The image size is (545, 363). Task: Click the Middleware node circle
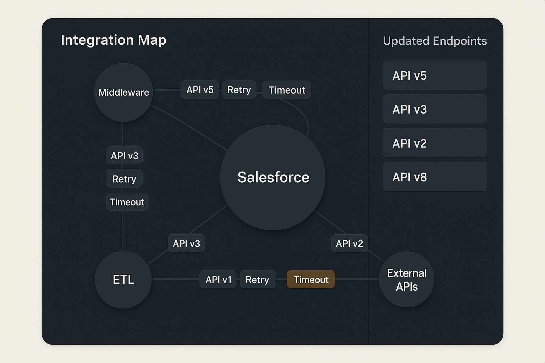[123, 93]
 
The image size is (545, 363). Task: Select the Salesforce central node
[273, 178]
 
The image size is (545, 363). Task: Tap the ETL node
[123, 280]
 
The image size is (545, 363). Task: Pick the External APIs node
[407, 279]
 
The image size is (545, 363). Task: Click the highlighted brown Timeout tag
[311, 279]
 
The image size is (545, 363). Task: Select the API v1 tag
[218, 279]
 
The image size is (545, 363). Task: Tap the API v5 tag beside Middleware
[200, 90]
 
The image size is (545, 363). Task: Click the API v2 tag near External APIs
[349, 244]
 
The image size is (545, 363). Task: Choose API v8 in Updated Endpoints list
[435, 177]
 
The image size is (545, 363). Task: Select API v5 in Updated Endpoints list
[435, 76]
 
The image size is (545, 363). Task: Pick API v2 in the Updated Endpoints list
[435, 143]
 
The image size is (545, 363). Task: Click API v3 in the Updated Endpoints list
[435, 109]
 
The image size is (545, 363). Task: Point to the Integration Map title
[114, 40]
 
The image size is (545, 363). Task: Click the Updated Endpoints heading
[435, 41]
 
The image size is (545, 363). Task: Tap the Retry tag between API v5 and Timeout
[239, 90]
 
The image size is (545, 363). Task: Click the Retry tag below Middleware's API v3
[124, 179]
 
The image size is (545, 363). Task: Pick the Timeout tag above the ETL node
[127, 202]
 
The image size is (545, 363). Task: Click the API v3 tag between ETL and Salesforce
[186, 244]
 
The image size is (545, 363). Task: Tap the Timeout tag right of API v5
[287, 90]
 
